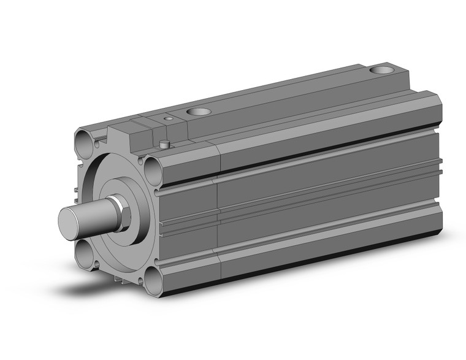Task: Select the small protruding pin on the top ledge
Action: (164, 145)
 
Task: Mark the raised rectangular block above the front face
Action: (132, 131)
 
